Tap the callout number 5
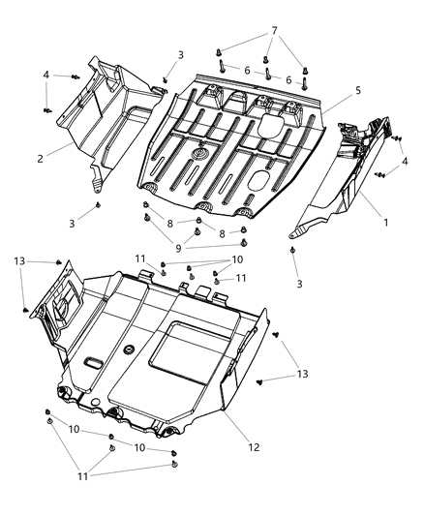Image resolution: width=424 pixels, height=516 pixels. pyautogui.click(x=357, y=90)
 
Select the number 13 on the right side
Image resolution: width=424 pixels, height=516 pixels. pyautogui.click(x=303, y=374)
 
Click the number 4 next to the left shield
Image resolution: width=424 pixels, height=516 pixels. pyautogui.click(x=45, y=74)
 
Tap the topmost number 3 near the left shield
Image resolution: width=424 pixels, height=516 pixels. pyautogui.click(x=179, y=55)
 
